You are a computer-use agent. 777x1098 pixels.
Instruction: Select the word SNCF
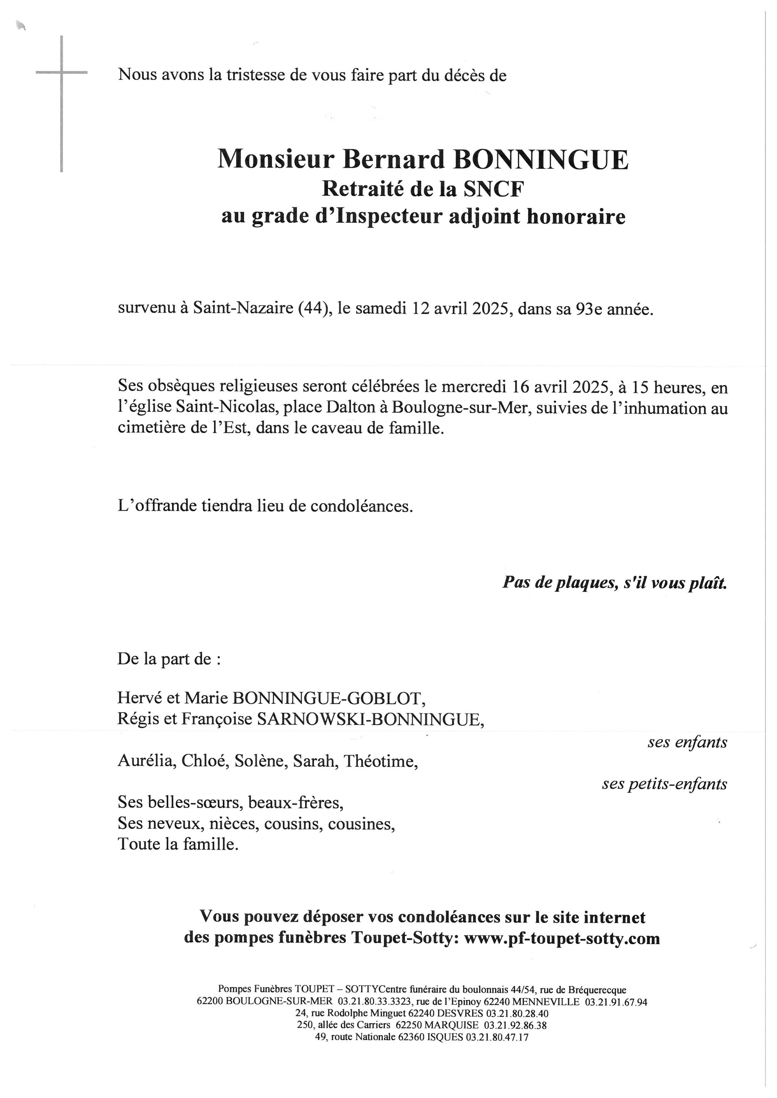pyautogui.click(x=493, y=189)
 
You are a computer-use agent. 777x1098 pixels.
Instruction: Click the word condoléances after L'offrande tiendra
pyautogui.click(x=361, y=506)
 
